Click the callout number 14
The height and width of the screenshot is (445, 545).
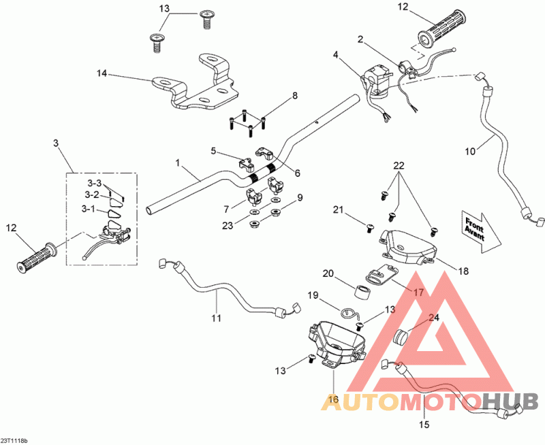coord(102,73)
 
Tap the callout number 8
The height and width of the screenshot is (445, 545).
coord(295,95)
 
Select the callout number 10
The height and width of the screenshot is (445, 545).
coord(470,152)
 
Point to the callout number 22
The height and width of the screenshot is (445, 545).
coord(399,166)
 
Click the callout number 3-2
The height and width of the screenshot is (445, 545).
coord(92,195)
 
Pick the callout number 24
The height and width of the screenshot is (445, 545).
coord(434,318)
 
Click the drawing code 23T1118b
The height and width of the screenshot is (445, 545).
coord(14,441)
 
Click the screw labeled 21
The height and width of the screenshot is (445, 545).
coord(370,229)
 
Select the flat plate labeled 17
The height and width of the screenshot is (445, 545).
coord(381,273)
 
